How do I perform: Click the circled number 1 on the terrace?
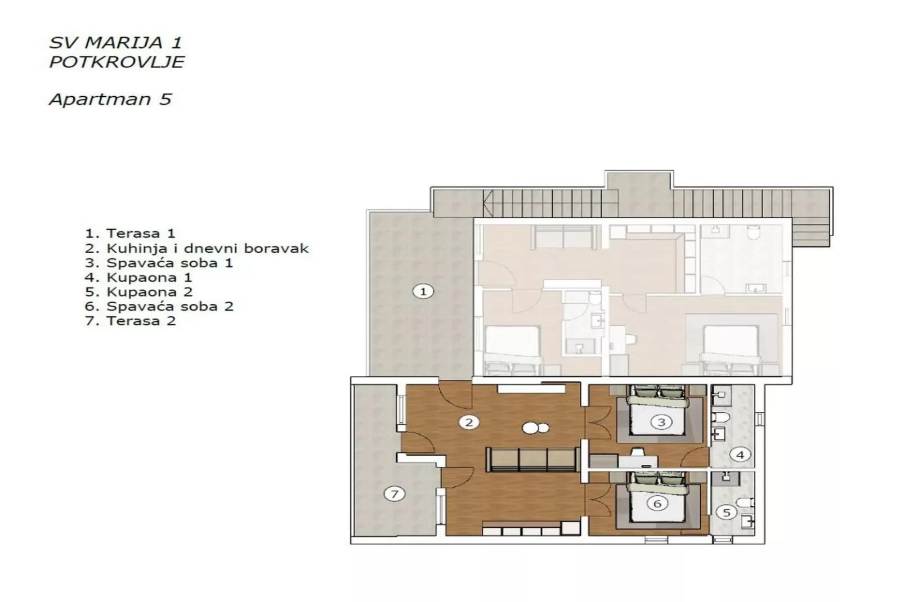[x=423, y=291]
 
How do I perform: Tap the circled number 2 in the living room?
[x=468, y=422]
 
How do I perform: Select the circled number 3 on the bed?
[x=661, y=422]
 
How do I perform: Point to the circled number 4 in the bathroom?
[x=740, y=455]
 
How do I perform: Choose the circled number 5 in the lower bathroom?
[x=726, y=513]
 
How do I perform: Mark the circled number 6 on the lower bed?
[x=657, y=504]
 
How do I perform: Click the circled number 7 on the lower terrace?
[x=394, y=494]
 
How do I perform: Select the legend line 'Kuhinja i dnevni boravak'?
[x=197, y=248]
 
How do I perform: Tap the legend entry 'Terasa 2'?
[x=131, y=321]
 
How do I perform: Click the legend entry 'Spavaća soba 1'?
[x=159, y=263]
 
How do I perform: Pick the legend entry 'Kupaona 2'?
[x=139, y=292]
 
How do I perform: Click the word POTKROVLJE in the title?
[x=117, y=62]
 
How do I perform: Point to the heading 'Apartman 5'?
[x=110, y=100]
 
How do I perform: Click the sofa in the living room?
[x=532, y=459]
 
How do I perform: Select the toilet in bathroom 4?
[x=720, y=417]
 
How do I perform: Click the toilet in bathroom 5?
[x=744, y=501]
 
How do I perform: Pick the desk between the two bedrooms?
[x=638, y=461]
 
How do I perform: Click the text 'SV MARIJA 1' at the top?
[x=115, y=43]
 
